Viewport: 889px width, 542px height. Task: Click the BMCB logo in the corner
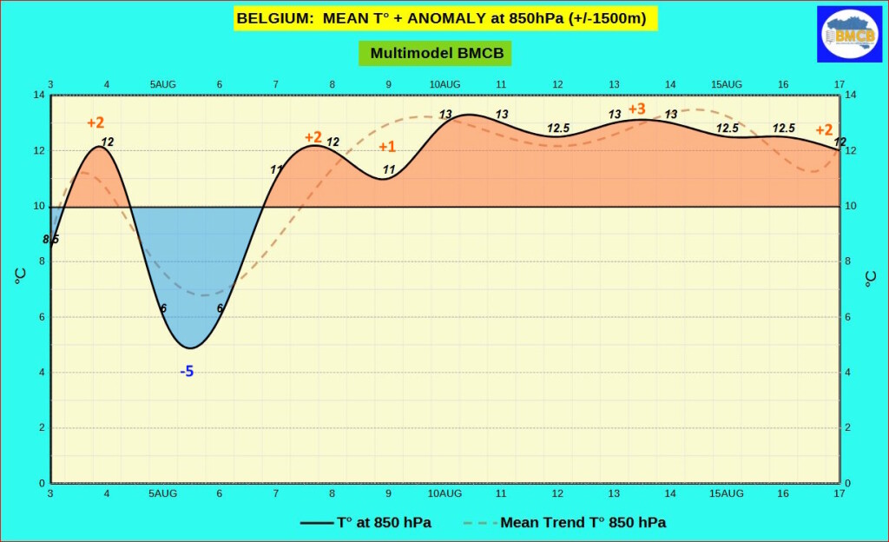tap(849, 34)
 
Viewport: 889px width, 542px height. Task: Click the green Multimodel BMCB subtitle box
tap(437, 53)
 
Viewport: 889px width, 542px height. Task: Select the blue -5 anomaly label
tap(187, 372)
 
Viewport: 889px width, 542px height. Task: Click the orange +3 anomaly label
tap(636, 109)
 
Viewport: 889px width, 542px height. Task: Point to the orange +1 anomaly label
tap(386, 147)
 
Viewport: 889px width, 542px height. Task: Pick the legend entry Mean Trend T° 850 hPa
tap(583, 522)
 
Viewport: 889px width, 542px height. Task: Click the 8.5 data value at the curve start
tap(51, 239)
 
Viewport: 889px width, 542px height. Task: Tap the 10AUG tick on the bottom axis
tap(444, 493)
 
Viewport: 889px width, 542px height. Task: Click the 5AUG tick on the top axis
tap(163, 84)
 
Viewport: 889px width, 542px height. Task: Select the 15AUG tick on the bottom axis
tap(727, 493)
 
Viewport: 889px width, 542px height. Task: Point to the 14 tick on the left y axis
tap(39, 95)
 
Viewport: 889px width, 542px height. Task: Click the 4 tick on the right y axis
tap(850, 373)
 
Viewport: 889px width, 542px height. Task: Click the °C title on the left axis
tap(20, 277)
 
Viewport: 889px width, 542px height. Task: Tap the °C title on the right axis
tap(870, 277)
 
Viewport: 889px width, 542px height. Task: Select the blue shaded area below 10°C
tap(191, 261)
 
